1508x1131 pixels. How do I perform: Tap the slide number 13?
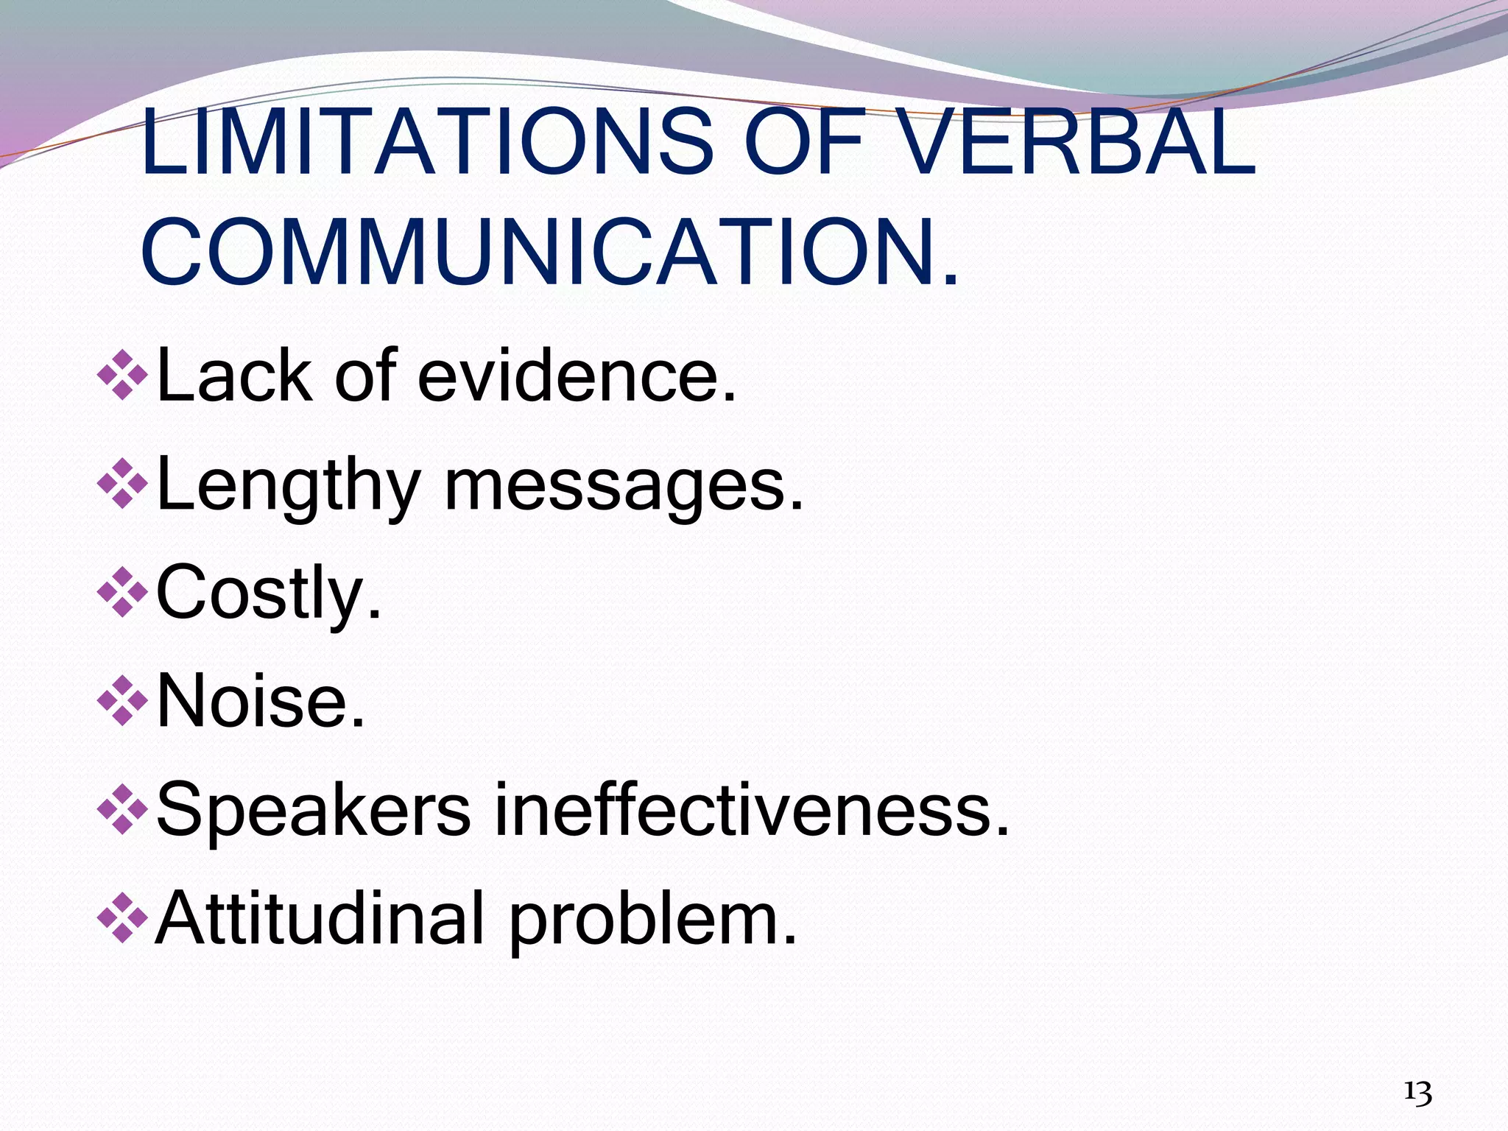pyautogui.click(x=1417, y=1093)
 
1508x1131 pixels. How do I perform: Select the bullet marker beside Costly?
pyautogui.click(x=122, y=592)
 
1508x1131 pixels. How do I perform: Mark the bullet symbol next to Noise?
pyautogui.click(x=122, y=701)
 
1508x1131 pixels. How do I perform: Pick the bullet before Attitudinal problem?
pyautogui.click(x=122, y=918)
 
